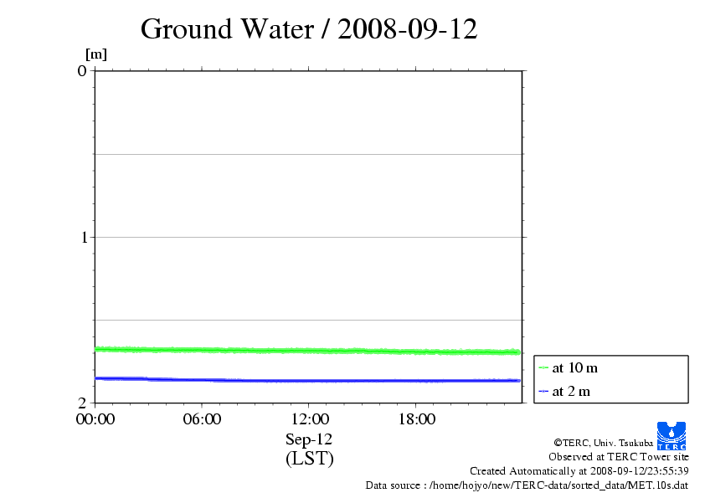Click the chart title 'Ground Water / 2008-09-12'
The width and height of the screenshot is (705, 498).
tap(309, 29)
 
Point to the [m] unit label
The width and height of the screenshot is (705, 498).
tap(96, 54)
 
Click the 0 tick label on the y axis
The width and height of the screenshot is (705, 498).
tap(82, 70)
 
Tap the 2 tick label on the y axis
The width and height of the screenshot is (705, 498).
tap(82, 403)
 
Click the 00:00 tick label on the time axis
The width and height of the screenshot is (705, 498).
tap(95, 419)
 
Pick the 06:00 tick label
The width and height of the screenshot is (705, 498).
tap(202, 419)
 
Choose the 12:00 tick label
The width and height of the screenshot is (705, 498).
tap(309, 419)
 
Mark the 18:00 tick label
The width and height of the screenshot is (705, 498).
tap(416, 419)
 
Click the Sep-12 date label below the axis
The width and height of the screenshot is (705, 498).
tap(309, 439)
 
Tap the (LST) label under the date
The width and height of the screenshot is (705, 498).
tap(309, 459)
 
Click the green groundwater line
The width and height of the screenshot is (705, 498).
tap(309, 350)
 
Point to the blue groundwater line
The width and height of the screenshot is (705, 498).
tap(309, 381)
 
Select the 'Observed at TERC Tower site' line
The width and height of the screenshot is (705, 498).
tap(619, 456)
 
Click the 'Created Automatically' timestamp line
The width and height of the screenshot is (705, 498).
tap(579, 470)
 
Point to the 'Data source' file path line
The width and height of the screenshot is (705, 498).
tap(527, 485)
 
